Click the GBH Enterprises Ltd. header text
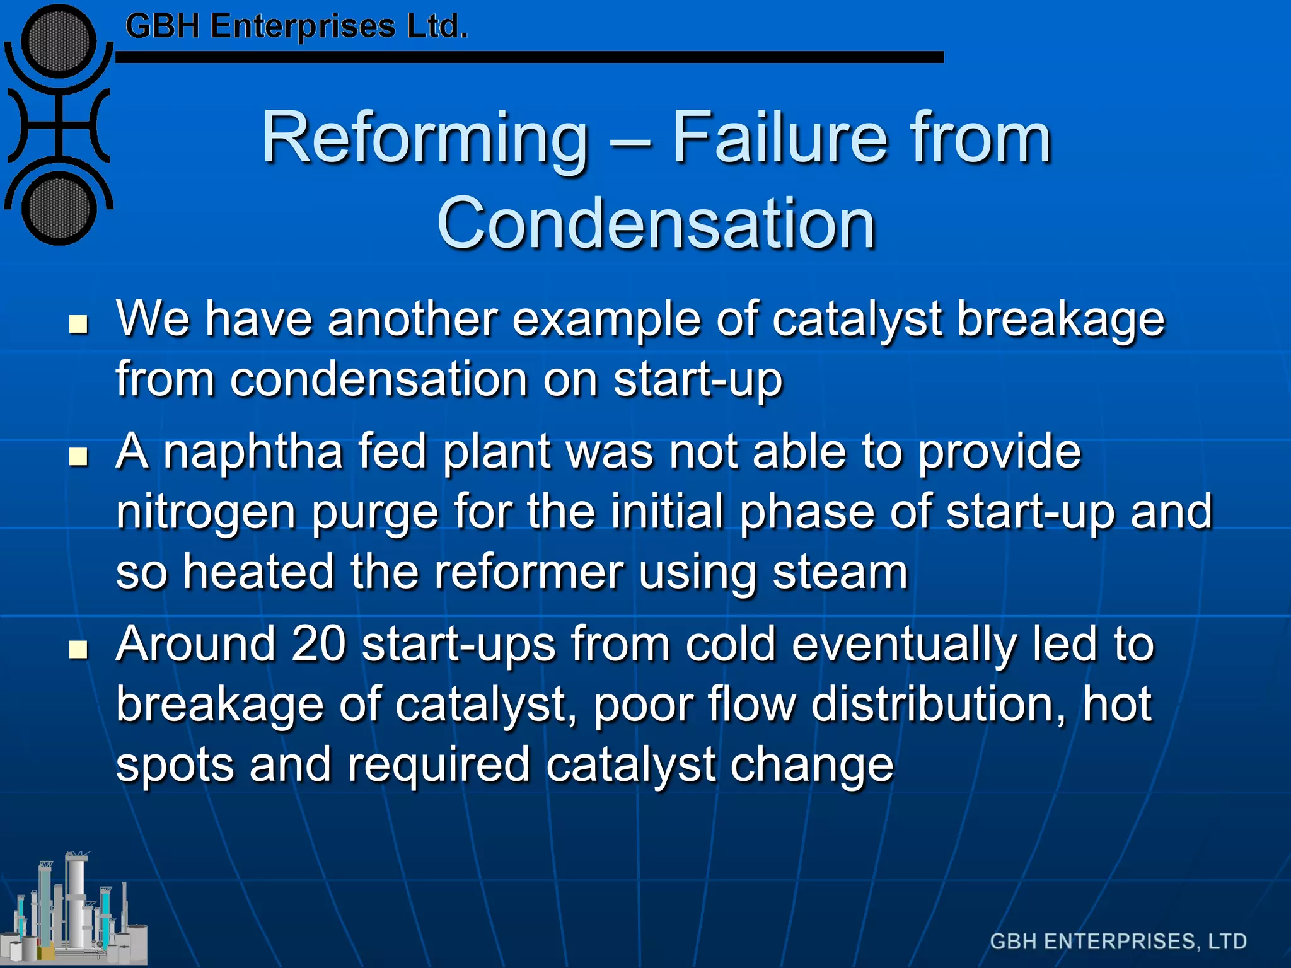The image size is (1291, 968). (x=296, y=27)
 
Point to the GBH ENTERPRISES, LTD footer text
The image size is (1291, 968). (x=1118, y=941)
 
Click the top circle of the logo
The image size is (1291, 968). (x=58, y=42)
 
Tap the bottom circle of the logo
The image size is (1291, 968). (x=59, y=209)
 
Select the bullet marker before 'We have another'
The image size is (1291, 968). (x=78, y=324)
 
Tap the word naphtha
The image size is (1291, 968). (x=252, y=452)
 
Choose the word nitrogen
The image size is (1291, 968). (x=206, y=512)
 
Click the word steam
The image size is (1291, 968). (x=840, y=572)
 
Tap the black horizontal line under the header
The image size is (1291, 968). (x=530, y=57)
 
